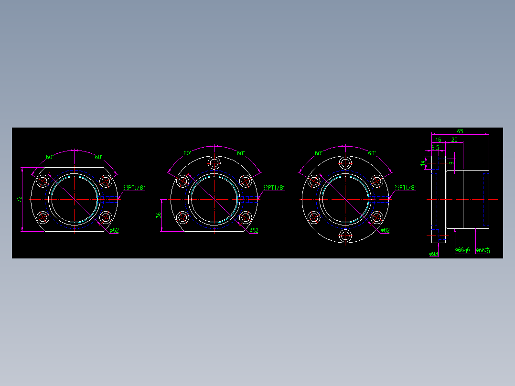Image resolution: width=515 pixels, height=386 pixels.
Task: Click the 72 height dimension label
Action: coord(19,199)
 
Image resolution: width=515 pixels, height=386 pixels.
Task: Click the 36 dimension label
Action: coord(159,215)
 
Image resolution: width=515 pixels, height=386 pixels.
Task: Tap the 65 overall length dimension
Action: coord(460,131)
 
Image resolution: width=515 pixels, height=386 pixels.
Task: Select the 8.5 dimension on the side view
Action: coord(435,148)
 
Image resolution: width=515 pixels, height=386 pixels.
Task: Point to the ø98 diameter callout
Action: coord(434,254)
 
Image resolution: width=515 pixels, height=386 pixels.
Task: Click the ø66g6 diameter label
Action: coord(462,250)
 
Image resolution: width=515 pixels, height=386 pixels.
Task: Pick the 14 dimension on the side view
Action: coord(423,163)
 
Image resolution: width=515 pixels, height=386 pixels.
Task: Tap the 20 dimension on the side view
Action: coord(454,140)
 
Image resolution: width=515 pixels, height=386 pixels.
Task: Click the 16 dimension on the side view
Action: coord(438,140)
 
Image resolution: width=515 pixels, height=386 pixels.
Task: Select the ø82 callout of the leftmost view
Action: coord(114,230)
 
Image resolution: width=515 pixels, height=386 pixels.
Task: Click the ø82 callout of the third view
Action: coord(385,230)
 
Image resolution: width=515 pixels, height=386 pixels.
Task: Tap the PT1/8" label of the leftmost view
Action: coord(134,188)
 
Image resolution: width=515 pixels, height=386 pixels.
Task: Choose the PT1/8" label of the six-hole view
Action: coord(405,188)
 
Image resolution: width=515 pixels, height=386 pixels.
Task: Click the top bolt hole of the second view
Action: coord(215,161)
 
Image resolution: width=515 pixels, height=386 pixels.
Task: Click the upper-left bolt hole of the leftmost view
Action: coord(43,181)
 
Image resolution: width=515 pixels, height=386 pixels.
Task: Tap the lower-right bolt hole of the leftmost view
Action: coord(106,218)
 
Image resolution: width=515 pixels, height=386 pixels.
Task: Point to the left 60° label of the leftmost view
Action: coord(50,157)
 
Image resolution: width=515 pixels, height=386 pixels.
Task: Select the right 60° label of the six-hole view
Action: coord(372,153)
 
